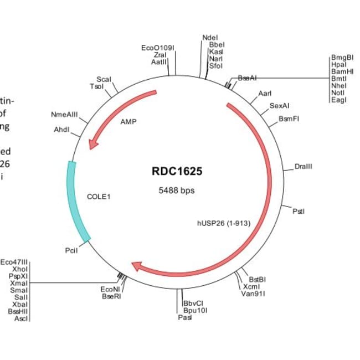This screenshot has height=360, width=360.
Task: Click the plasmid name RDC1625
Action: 177,171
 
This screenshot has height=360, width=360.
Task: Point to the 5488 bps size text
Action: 177,190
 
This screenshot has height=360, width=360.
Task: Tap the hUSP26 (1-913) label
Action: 224,224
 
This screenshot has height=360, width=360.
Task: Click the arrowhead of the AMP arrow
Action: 94,145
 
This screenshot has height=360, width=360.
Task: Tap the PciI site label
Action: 71,251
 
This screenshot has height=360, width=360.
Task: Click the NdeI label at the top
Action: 210,38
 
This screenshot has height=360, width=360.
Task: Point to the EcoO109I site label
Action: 158,48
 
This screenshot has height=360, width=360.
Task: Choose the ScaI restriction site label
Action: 104,79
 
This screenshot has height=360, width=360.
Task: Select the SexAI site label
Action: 279,105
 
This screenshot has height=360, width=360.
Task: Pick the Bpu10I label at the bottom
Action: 194,310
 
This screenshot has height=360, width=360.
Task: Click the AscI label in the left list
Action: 20,318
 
